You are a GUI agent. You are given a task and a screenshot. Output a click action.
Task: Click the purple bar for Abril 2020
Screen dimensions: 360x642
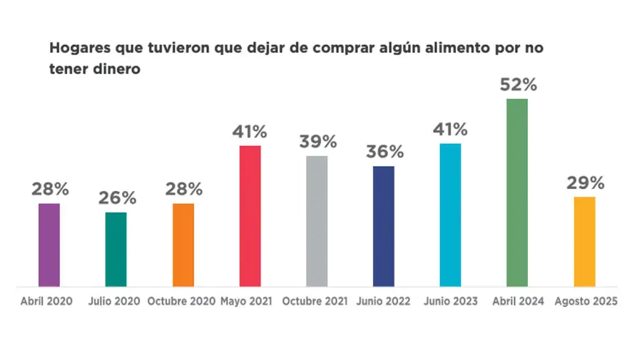pyautogui.click(x=49, y=245)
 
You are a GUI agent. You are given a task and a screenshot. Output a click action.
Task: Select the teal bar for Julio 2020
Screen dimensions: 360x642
pyautogui.click(x=116, y=250)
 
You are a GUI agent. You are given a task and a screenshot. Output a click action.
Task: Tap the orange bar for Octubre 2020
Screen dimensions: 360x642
pyautogui.click(x=183, y=245)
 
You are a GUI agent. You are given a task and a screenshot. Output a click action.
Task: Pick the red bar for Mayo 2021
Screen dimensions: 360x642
pyautogui.click(x=250, y=216)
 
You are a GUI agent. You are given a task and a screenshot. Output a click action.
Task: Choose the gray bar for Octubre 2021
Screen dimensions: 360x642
pyautogui.click(x=317, y=221)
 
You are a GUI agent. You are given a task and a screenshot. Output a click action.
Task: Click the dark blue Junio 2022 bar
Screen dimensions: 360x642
pyautogui.click(x=384, y=227)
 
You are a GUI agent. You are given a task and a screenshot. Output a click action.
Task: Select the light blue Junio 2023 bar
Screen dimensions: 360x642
pyautogui.click(x=450, y=215)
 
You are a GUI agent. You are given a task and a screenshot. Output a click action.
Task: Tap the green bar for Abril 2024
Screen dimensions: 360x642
pyautogui.click(x=517, y=192)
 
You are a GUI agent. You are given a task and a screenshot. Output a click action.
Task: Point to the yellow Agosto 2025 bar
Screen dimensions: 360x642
pyautogui.click(x=584, y=242)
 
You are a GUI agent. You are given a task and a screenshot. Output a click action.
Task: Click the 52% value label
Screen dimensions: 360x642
pyautogui.click(x=518, y=85)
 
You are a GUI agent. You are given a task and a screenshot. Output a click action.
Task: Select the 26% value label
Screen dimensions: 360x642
pyautogui.click(x=116, y=198)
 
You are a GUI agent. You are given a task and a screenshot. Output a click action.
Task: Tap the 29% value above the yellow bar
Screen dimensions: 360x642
pyautogui.click(x=586, y=183)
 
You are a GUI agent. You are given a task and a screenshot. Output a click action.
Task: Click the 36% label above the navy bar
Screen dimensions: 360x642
pyautogui.click(x=384, y=152)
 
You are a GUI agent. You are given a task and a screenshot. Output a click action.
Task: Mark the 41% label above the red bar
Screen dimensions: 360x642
pyautogui.click(x=250, y=131)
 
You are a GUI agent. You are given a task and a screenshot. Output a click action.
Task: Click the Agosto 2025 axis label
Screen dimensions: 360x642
pyautogui.click(x=585, y=302)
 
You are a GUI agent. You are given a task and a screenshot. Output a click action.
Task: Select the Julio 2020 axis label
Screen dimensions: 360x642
pyautogui.click(x=115, y=302)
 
